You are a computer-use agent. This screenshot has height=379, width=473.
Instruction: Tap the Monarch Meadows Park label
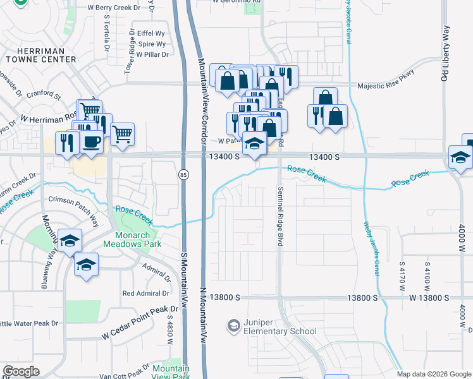133,239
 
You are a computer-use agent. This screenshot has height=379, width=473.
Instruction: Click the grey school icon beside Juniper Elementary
233,326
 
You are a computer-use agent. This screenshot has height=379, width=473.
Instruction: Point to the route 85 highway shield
183,174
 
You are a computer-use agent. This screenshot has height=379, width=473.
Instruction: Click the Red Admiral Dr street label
146,293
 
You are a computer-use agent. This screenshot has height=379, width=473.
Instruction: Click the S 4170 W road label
402,277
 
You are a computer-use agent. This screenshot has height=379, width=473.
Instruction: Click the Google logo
21,371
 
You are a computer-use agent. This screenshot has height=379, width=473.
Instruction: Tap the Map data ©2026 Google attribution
434,374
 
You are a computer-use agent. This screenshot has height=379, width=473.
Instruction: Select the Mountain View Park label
171,372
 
